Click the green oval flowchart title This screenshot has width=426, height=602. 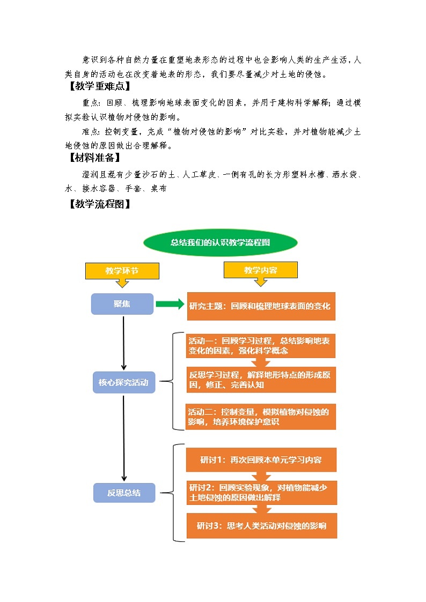[x=220, y=242]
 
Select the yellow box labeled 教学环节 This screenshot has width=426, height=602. [x=122, y=271]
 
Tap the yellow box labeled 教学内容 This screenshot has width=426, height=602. [x=260, y=270]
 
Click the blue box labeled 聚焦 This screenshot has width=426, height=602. [x=122, y=304]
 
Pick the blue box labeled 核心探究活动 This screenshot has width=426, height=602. [x=124, y=383]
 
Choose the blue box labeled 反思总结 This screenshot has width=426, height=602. [x=124, y=493]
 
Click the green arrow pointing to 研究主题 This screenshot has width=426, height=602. [x=170, y=304]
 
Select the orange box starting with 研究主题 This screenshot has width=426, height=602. [x=261, y=306]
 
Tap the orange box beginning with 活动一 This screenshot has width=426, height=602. [x=261, y=345]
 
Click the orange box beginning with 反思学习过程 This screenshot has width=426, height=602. [x=261, y=380]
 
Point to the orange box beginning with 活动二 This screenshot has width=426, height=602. [x=261, y=417]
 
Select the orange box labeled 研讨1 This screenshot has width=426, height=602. [x=261, y=460]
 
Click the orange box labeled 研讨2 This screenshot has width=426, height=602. [x=261, y=493]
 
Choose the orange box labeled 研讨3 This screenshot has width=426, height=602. [x=261, y=526]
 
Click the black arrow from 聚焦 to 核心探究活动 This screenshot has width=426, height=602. [x=124, y=343]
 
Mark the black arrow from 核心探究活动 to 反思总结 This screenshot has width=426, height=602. [x=124, y=437]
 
